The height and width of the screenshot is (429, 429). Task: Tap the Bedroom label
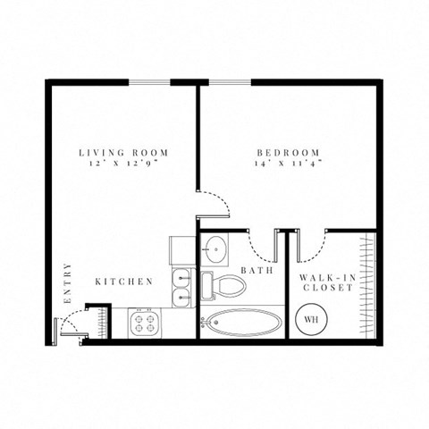click(283, 152)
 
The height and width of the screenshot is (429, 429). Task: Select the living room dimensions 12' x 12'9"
click(123, 164)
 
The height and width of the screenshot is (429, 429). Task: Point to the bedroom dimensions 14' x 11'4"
click(283, 164)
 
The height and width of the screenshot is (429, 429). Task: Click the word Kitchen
click(124, 282)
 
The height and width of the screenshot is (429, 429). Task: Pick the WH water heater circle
click(311, 318)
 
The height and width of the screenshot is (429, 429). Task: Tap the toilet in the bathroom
click(223, 286)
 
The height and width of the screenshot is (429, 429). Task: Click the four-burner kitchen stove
click(145, 321)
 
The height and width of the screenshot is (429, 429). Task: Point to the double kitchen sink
click(181, 287)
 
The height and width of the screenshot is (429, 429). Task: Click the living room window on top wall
click(149, 83)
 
